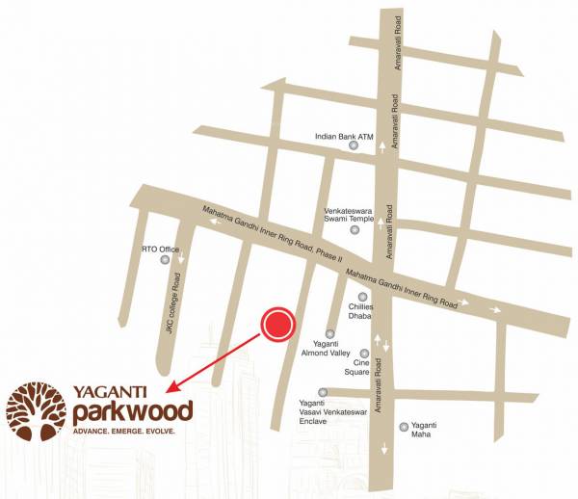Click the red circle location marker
279,326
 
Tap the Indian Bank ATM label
344,137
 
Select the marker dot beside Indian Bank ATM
353,150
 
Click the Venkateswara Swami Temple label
348,214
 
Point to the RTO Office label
161,249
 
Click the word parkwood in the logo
132,410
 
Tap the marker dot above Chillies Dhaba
363,297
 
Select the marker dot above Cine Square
364,354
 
